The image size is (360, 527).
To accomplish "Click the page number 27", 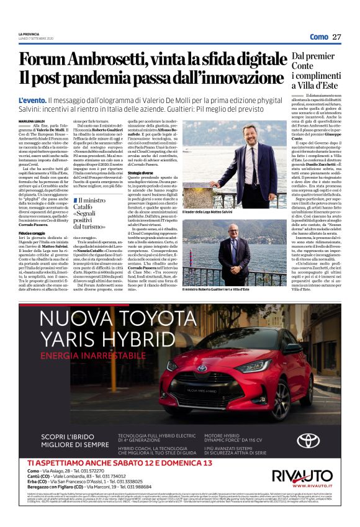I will [336, 37].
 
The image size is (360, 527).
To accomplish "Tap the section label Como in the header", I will [319, 37].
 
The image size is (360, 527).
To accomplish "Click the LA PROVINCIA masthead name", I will [29, 34].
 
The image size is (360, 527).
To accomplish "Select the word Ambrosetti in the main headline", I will [103, 60].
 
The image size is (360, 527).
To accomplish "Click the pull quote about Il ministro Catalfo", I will [92, 214].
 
